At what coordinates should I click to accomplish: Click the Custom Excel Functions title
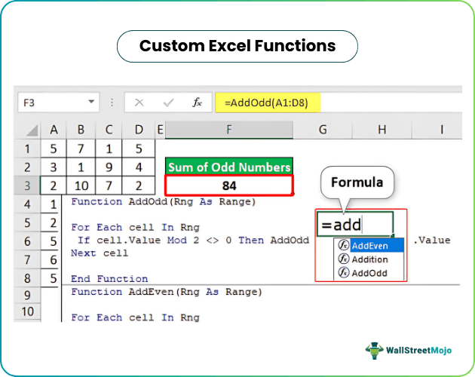237,46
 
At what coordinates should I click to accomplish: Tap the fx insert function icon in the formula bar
197,102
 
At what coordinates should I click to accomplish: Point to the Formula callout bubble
357,182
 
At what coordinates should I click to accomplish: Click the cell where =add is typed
355,224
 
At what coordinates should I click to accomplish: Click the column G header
322,130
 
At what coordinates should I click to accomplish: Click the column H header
382,130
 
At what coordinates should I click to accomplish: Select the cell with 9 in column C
110,167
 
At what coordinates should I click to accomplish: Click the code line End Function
109,279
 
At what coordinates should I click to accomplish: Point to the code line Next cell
100,253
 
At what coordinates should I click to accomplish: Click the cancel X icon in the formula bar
139,102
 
